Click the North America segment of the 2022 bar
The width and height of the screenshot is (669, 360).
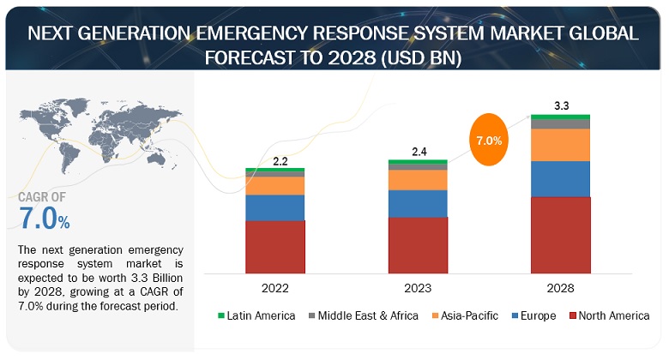(x=274, y=246)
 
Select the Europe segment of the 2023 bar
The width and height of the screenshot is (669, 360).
(x=418, y=203)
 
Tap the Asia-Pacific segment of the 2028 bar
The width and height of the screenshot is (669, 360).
(x=560, y=145)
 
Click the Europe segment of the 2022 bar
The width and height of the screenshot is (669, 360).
(x=274, y=207)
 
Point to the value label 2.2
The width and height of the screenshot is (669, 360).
(x=280, y=160)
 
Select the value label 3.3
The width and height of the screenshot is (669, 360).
(x=562, y=106)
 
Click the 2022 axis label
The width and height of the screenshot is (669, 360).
(x=275, y=288)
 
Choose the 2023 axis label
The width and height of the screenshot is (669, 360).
(x=418, y=288)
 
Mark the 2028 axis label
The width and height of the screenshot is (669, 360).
(x=560, y=288)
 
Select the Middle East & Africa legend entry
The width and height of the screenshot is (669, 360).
(x=361, y=315)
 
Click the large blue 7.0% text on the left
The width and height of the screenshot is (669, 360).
(x=44, y=219)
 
